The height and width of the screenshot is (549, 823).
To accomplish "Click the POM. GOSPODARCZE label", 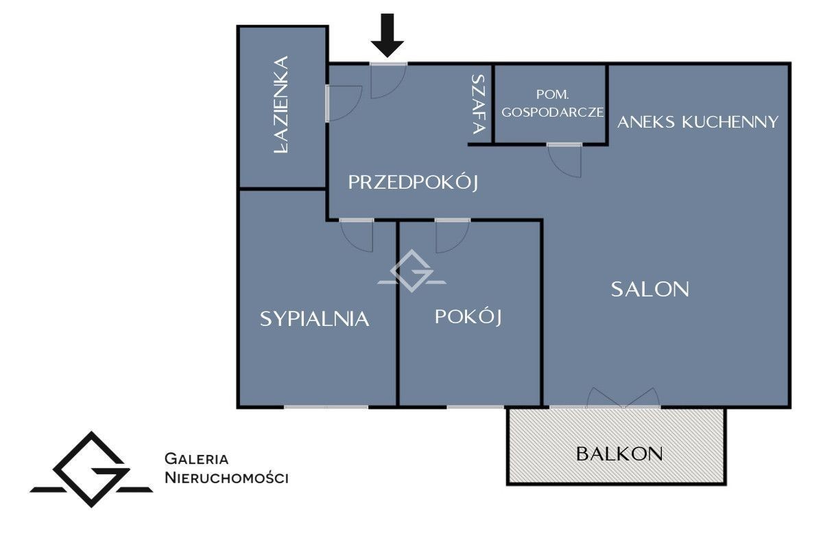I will click(551, 104).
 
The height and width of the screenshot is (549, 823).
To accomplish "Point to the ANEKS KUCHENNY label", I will click(697, 122).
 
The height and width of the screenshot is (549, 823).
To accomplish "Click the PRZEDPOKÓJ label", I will click(412, 183).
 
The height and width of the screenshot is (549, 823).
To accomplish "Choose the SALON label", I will click(649, 289).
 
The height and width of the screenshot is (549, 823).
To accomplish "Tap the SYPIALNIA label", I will click(315, 318).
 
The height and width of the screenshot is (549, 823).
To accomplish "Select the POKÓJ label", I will click(469, 317).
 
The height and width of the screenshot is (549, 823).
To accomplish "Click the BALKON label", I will click(619, 454).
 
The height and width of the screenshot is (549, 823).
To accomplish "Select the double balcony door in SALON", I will click(624, 398).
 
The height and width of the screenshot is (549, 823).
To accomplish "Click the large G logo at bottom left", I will click(91, 469).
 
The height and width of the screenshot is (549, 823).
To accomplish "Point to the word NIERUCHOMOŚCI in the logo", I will click(226, 478).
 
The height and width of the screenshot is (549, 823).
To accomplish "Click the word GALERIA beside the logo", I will click(197, 458).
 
